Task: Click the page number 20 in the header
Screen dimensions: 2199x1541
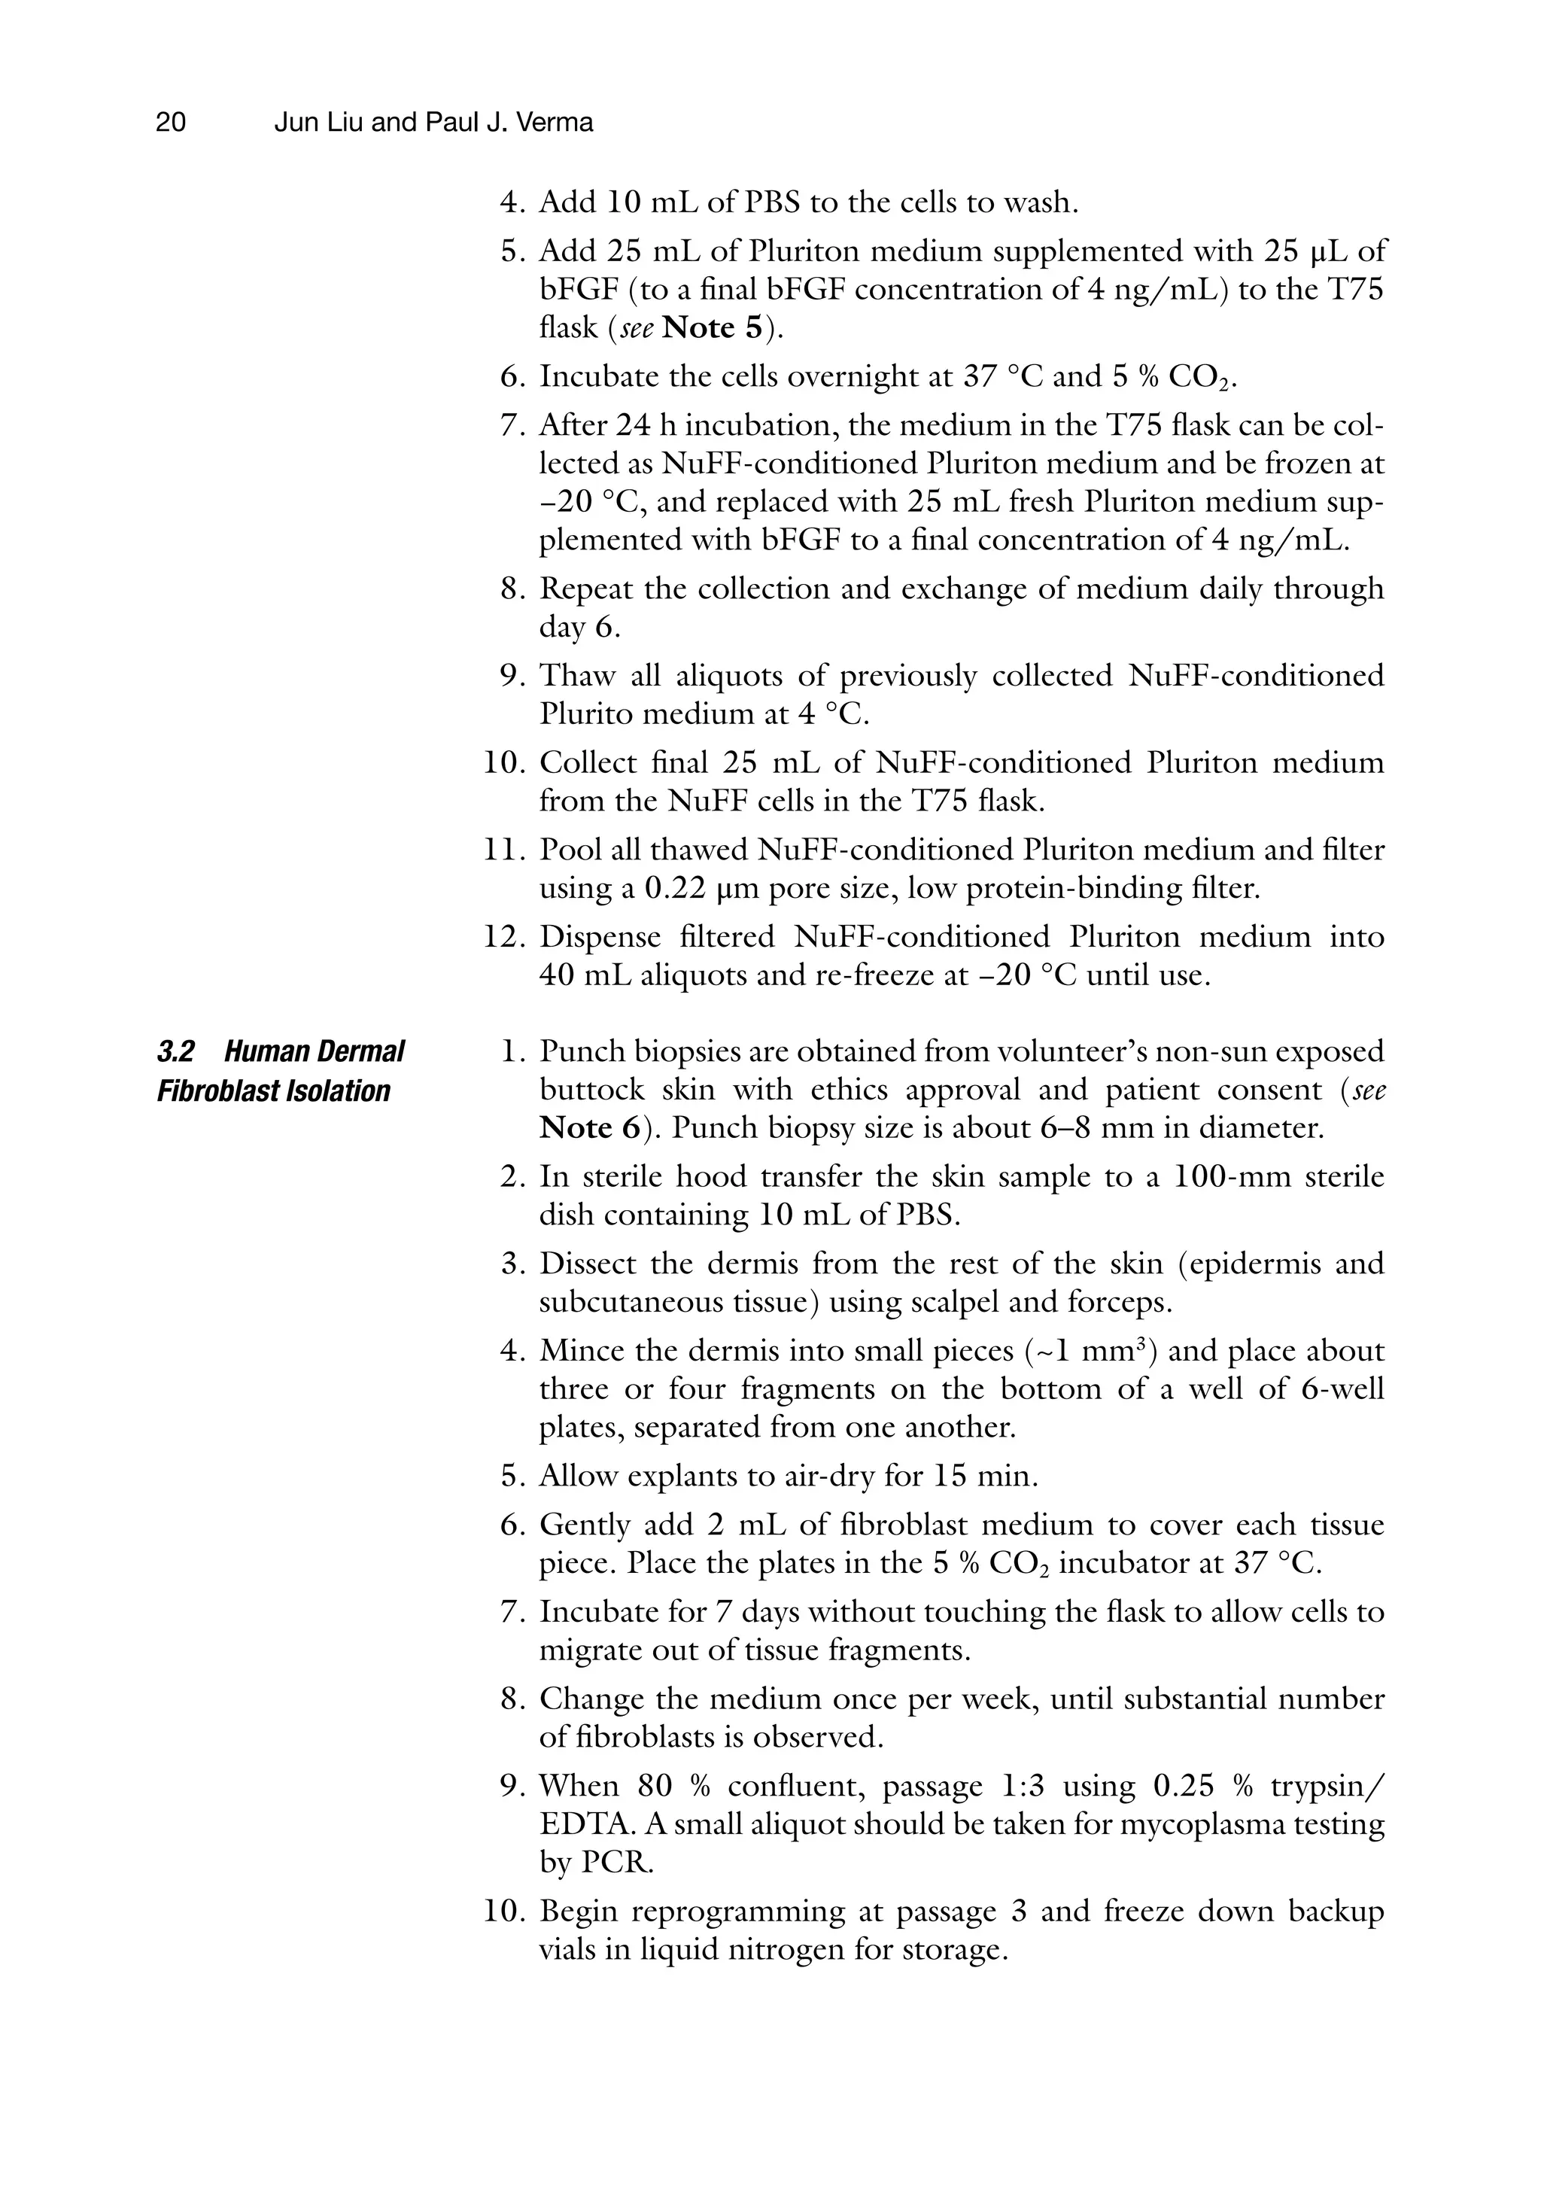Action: (171, 123)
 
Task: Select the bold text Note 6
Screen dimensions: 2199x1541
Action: (589, 1127)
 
